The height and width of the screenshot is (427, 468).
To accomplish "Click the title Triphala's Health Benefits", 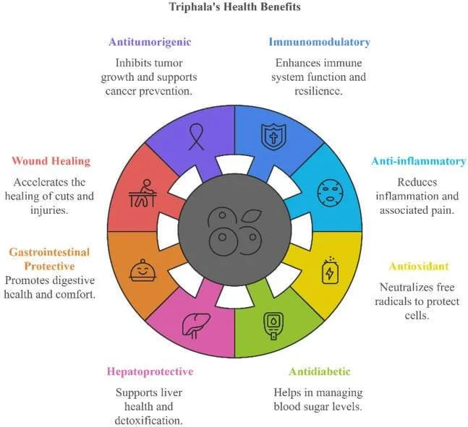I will coord(234,7).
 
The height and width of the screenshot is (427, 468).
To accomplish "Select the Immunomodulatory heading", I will coord(319,42).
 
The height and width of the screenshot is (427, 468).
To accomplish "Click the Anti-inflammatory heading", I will coord(419,161).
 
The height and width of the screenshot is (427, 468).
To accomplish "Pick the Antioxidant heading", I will coord(418,266).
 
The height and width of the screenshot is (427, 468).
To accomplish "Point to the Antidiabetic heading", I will coord(320,371).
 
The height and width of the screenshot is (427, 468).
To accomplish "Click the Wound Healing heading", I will coord(51,161).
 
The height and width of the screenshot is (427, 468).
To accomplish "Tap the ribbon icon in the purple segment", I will coord(196,137).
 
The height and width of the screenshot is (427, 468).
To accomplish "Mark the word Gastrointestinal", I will coord(49,252).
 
